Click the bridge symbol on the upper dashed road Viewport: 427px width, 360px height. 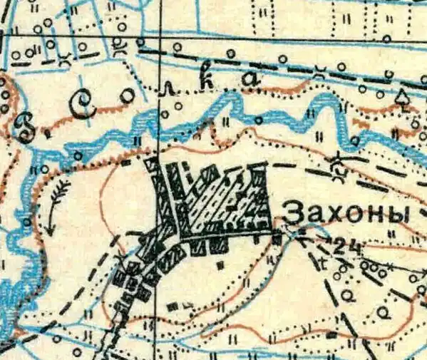320,70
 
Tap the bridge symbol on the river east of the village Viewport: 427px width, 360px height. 336,166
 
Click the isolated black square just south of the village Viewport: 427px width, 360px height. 221,264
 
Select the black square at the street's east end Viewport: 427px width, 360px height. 277,238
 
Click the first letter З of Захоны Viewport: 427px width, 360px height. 293,213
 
